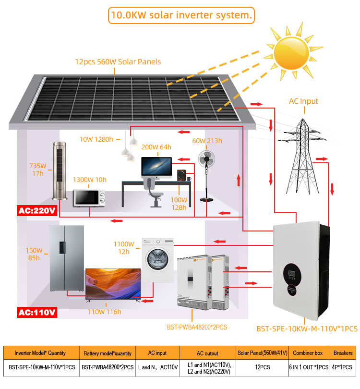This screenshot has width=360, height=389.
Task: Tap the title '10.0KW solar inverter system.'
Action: [x=181, y=15]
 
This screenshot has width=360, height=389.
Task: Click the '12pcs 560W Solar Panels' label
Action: [x=118, y=62]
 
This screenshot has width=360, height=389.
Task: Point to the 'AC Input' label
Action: [x=303, y=101]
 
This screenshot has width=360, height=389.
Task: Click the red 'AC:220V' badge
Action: [x=37, y=211]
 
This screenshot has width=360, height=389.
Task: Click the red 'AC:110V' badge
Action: [x=37, y=312]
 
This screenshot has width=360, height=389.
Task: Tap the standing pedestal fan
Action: [x=207, y=173]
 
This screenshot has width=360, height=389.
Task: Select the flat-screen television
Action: [x=113, y=284]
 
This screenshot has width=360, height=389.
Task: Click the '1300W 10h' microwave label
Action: [x=89, y=180]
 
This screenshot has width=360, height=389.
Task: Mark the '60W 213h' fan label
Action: [x=207, y=141]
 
